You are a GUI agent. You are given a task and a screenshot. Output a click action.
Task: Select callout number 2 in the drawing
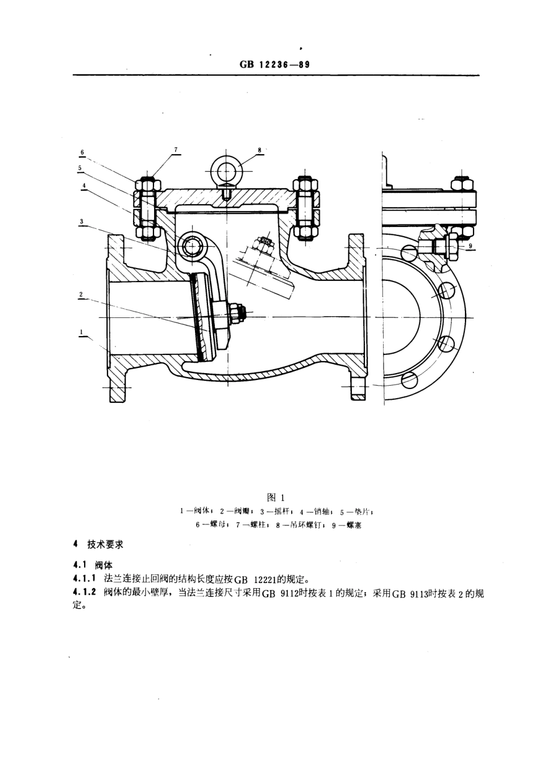point(81,294)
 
